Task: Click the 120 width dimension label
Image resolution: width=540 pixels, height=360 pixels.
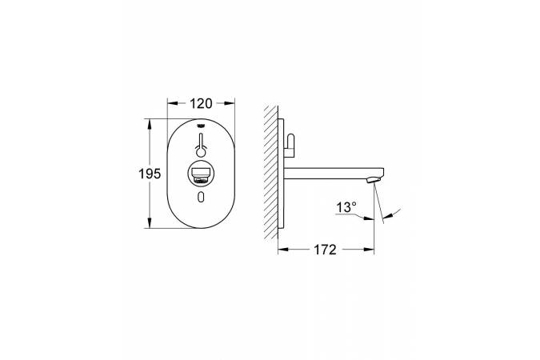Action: coord(201,103)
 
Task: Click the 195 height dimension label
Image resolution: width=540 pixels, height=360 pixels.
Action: coord(150,174)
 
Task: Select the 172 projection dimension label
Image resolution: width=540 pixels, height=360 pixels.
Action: coord(325,250)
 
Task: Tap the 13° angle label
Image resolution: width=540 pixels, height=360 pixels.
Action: coord(346,207)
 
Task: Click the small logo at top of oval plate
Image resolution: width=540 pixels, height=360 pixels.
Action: coord(201,126)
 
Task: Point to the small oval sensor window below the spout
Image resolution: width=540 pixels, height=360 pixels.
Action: coord(201,197)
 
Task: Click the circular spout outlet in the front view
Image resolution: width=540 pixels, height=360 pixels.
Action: coord(201,174)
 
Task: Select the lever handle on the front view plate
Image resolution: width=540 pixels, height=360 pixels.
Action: coord(201,146)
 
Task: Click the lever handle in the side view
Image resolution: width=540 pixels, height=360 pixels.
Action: coord(290,146)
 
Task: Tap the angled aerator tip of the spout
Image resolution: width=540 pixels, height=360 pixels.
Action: coord(374,179)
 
